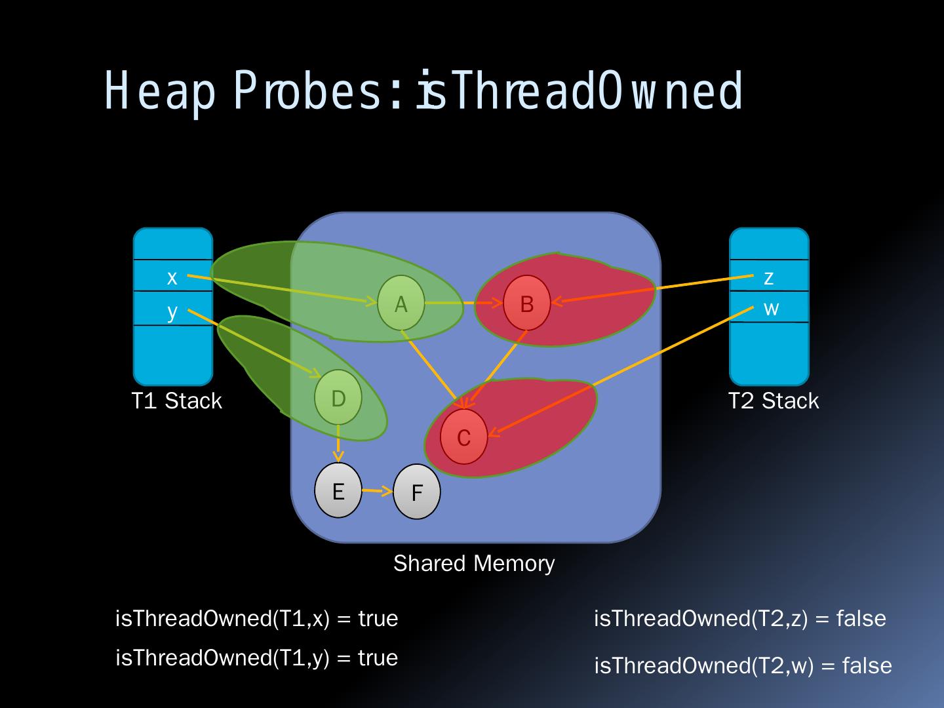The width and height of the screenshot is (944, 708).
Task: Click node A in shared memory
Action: tap(401, 304)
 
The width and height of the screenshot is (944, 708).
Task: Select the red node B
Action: tap(526, 304)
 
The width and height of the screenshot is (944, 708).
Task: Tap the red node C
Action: tap(463, 437)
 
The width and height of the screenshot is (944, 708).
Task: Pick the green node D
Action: tap(338, 398)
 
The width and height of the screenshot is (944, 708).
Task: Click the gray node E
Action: tap(338, 491)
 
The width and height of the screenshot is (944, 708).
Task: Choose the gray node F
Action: tap(417, 492)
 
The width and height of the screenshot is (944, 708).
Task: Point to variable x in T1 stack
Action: tap(172, 277)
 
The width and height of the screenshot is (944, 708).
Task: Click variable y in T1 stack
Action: tap(172, 310)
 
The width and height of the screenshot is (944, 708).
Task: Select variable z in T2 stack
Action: tap(769, 277)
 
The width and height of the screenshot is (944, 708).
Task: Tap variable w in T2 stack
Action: tap(771, 308)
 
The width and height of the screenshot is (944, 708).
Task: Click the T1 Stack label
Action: tap(176, 401)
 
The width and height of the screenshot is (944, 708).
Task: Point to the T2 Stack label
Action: tap(774, 401)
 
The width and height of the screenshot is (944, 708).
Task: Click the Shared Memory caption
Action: tap(474, 563)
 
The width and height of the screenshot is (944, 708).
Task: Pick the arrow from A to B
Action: tap(463, 304)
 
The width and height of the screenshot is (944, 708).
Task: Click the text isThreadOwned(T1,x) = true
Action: tap(256, 618)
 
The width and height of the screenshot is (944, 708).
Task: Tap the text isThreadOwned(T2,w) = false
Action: tap(743, 665)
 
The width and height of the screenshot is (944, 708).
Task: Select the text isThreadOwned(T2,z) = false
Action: tap(739, 618)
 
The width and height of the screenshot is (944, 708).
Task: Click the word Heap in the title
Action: tap(160, 92)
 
